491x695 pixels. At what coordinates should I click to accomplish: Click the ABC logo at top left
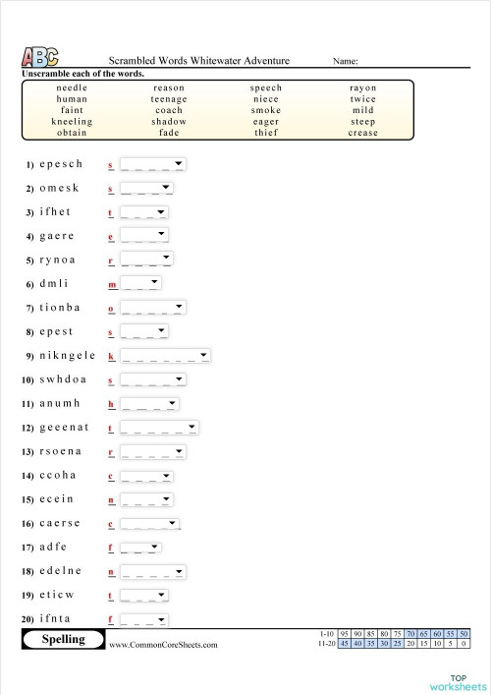click(39, 58)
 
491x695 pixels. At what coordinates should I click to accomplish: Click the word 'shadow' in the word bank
click(168, 122)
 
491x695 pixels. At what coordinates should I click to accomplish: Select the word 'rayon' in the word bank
click(362, 87)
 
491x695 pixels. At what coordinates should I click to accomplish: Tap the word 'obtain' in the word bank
click(72, 133)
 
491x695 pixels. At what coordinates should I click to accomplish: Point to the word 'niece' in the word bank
click(265, 99)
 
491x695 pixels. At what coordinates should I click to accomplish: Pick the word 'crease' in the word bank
click(362, 133)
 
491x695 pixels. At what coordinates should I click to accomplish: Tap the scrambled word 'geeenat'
click(64, 428)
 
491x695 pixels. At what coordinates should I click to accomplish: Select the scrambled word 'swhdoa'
click(63, 379)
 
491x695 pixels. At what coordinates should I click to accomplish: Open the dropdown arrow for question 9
click(203, 355)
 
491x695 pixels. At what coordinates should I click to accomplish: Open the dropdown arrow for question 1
click(179, 163)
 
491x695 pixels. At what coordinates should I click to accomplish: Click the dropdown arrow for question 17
click(154, 547)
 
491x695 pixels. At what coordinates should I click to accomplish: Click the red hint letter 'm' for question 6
click(112, 284)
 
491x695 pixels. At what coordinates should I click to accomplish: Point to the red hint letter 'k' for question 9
click(111, 356)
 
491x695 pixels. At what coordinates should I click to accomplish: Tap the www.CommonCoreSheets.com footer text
click(163, 645)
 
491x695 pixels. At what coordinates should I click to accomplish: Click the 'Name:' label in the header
click(345, 61)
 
